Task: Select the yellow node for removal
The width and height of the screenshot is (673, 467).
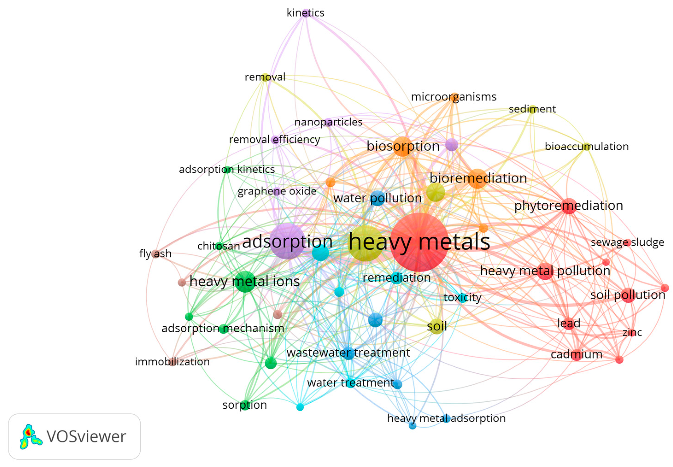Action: pos(265,77)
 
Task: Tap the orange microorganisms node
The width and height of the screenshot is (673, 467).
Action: pos(454,97)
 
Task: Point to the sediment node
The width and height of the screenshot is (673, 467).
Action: pos(533,109)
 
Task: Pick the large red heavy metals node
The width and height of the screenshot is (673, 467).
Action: pos(419,242)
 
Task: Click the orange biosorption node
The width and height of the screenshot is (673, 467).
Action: pos(403,146)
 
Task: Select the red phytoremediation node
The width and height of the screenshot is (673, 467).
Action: pos(569,206)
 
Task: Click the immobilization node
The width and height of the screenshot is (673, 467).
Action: pos(173,362)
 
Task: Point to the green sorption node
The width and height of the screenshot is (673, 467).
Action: pos(245,405)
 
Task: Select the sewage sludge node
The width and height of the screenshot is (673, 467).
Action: pos(628,242)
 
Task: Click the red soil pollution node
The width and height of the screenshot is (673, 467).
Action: pos(628,295)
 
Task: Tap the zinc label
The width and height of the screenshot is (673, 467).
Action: pos(632,332)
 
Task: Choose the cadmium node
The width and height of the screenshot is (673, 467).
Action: pos(577,354)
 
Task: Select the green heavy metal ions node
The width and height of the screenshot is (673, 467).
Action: pos(245,281)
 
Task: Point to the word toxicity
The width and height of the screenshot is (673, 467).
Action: pos(462,298)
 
